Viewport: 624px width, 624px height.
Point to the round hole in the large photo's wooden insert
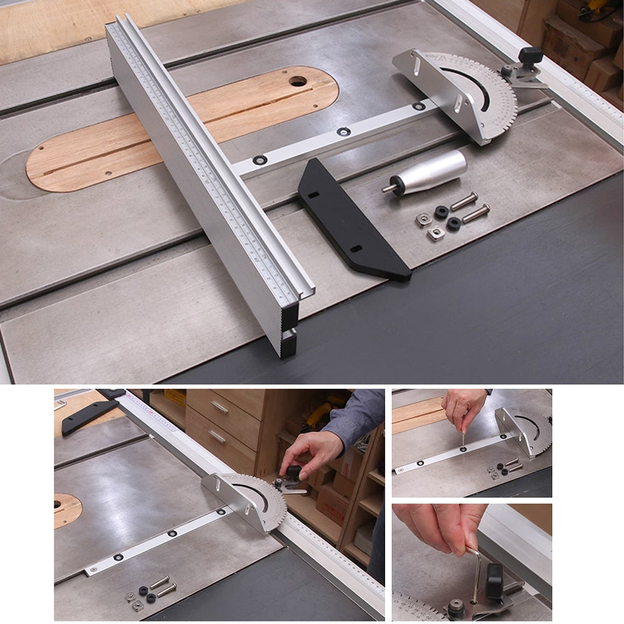click(x=298, y=81)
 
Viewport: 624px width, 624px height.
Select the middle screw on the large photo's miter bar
click(x=343, y=131)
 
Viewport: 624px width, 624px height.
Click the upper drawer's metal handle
click(x=220, y=407)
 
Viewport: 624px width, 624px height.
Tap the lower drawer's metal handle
click(x=217, y=436)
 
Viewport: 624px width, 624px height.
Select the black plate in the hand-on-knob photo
click(x=87, y=414)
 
